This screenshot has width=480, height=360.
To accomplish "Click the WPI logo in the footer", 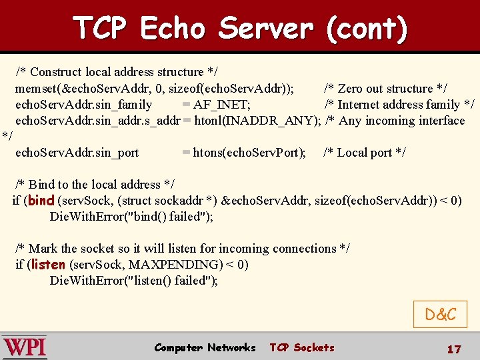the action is [25, 347].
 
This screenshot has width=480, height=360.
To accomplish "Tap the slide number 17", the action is [453, 349].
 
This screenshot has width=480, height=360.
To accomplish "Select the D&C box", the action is [440, 314].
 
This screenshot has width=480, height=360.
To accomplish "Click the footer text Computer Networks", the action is [205, 347].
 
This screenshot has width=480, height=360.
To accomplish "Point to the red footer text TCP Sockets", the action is [301, 347].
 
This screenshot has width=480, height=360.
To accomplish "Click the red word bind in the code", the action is [41, 200].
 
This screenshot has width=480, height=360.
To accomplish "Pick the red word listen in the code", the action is [48, 264].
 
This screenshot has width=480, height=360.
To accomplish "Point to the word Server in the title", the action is [265, 28].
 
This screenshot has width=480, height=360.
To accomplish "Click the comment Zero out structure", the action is [385, 89].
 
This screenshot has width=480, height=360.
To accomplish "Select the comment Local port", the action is [364, 153].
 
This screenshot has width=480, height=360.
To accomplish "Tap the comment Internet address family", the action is [399, 105].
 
